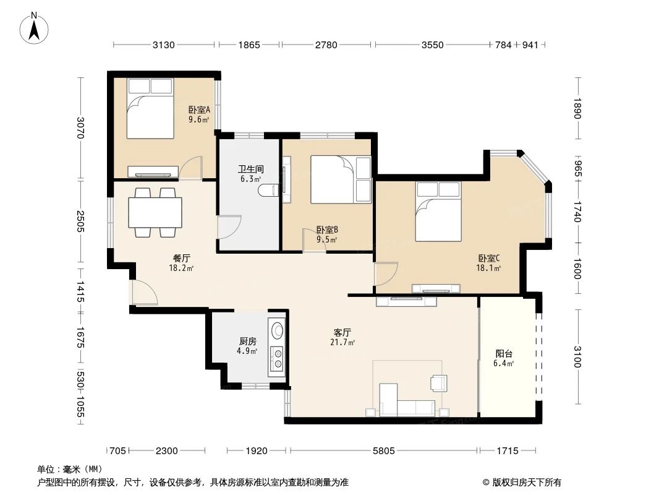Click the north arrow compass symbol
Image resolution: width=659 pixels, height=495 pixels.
pyautogui.click(x=36, y=28)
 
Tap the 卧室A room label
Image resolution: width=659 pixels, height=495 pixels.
pyautogui.click(x=198, y=110)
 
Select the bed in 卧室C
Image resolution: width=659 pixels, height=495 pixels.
pyautogui.click(x=438, y=212)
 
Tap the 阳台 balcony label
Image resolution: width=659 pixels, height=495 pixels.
pyautogui.click(x=504, y=354)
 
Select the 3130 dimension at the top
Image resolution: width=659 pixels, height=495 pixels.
pyautogui.click(x=164, y=45)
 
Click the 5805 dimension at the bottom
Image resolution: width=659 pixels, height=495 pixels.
pyautogui.click(x=383, y=450)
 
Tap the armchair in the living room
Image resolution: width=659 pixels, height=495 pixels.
pyautogui.click(x=439, y=383)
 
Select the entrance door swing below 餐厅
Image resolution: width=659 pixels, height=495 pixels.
pyautogui.click(x=144, y=293)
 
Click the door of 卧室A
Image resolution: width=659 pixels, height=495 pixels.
pyautogui.click(x=191, y=168)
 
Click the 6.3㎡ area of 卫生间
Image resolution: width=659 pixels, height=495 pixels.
pyautogui.click(x=251, y=179)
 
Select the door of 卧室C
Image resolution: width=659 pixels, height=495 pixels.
pyautogui.click(x=386, y=274)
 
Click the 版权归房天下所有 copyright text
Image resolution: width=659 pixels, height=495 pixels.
pyautogui.click(x=521, y=482)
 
